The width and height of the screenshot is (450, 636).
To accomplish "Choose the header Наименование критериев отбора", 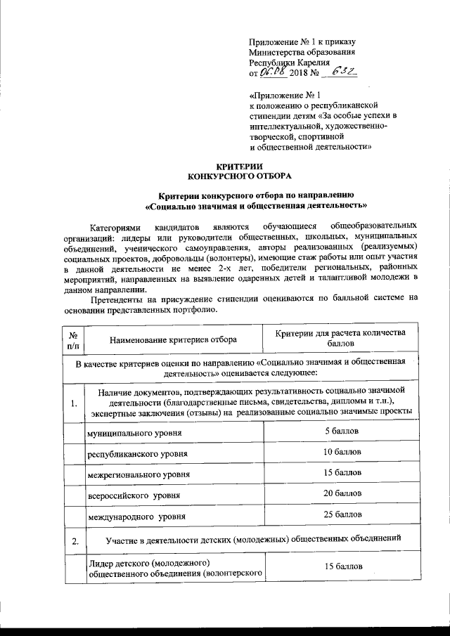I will click(x=172, y=339).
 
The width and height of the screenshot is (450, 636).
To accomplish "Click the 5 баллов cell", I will click(x=342, y=429).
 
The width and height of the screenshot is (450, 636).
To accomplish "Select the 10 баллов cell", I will click(x=342, y=450).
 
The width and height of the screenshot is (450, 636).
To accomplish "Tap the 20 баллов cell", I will click(x=342, y=494).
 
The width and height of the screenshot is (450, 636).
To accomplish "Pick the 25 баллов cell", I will click(x=342, y=516).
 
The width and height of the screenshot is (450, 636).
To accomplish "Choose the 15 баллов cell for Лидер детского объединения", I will click(x=342, y=566).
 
